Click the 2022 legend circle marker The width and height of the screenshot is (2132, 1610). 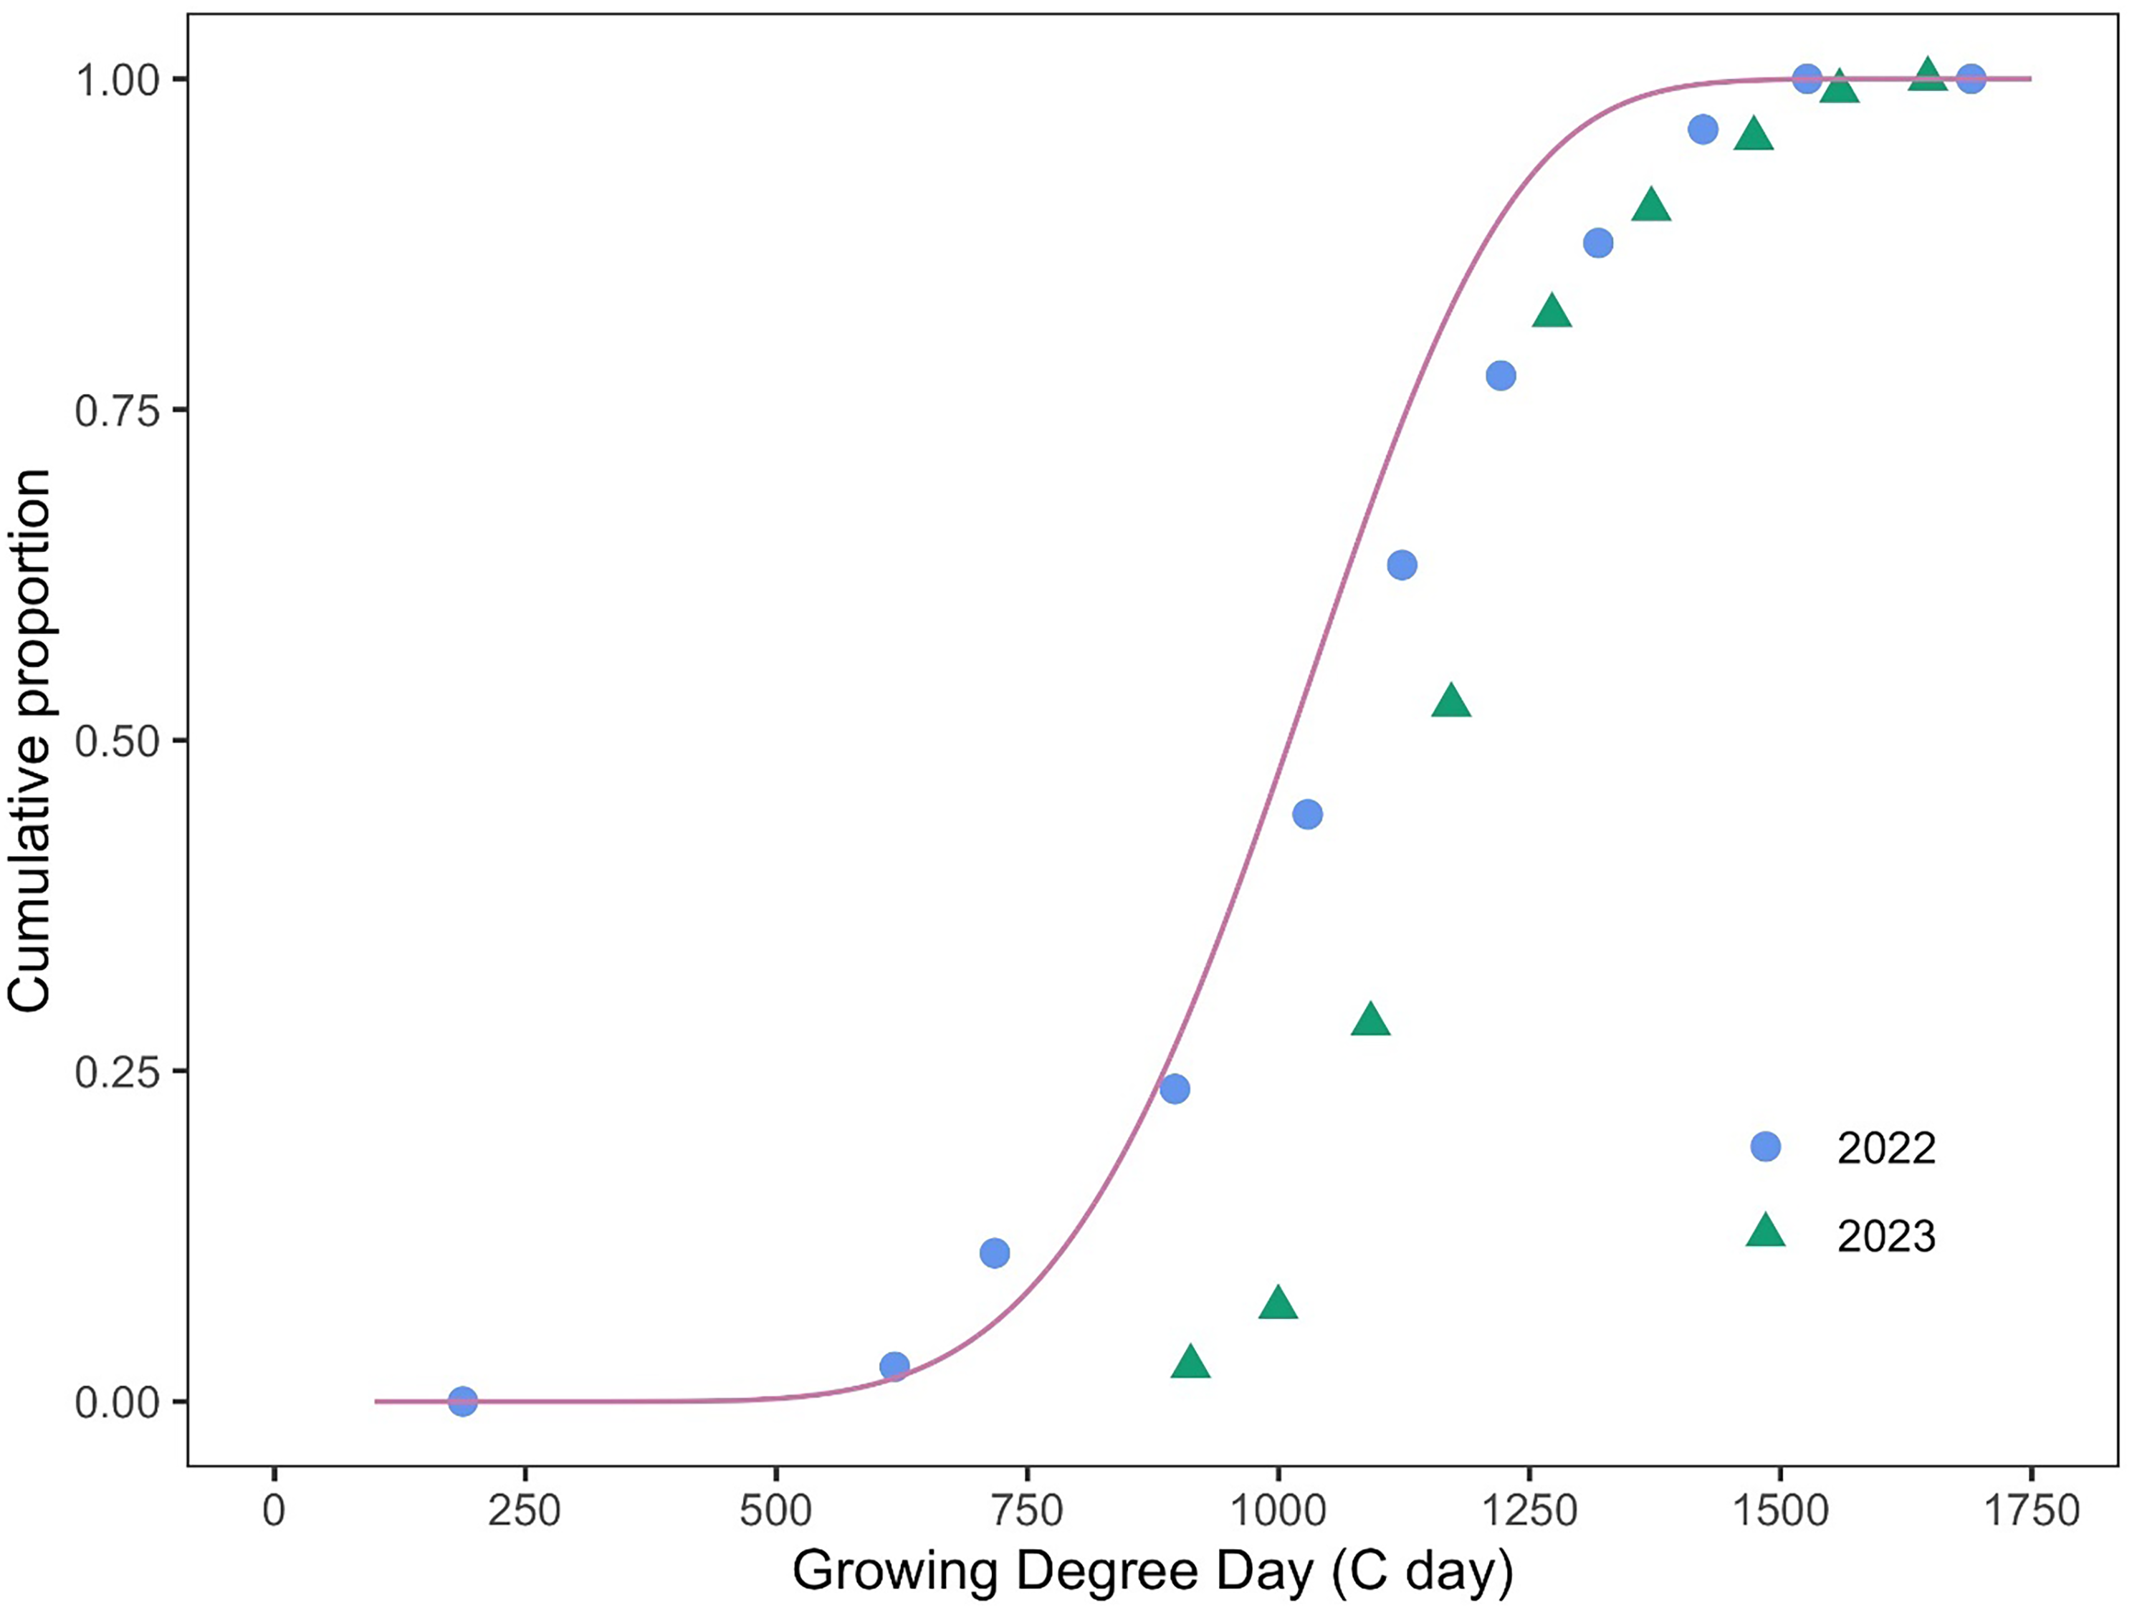(x=1765, y=1146)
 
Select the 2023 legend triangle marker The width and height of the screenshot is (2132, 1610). (x=1765, y=1233)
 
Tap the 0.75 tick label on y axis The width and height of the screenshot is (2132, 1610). (x=117, y=411)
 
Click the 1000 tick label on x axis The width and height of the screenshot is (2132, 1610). (x=1278, y=1510)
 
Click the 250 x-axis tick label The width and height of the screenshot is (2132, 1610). (x=525, y=1510)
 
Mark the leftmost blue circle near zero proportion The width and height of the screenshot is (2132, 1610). (x=463, y=1402)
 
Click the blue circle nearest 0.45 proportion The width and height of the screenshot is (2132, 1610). (x=1307, y=814)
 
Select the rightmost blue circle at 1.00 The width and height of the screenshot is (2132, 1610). (x=1971, y=79)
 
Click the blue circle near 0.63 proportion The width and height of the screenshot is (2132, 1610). (x=1402, y=565)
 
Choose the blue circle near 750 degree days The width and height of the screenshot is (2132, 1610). (x=995, y=1253)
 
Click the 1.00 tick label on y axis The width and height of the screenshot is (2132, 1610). (x=117, y=81)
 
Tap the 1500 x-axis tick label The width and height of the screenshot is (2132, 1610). (x=1780, y=1510)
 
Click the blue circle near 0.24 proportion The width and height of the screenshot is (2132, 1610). (x=1174, y=1090)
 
